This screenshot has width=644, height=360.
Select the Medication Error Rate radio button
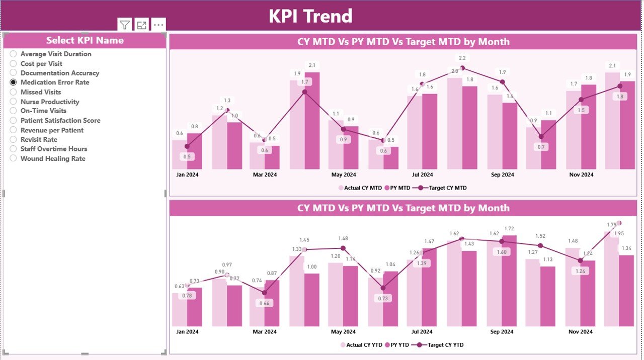(14, 82)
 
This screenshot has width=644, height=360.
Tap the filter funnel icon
(125, 25)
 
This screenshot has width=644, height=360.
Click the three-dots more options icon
(158, 25)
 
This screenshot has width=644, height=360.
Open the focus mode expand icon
(141, 25)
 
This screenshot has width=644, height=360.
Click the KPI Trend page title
(310, 16)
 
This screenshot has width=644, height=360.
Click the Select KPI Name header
(85, 41)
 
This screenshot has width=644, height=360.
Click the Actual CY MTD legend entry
(360, 188)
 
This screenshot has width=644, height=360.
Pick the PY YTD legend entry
(397, 345)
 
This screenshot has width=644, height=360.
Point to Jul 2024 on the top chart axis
(422, 175)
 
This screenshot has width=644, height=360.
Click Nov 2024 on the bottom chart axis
(581, 332)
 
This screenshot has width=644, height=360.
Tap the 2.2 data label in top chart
(462, 58)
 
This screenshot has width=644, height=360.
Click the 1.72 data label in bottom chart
(509, 229)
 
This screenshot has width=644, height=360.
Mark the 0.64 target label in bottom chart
(265, 303)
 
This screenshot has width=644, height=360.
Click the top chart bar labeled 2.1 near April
(312, 121)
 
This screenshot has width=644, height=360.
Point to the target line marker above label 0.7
(541, 136)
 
